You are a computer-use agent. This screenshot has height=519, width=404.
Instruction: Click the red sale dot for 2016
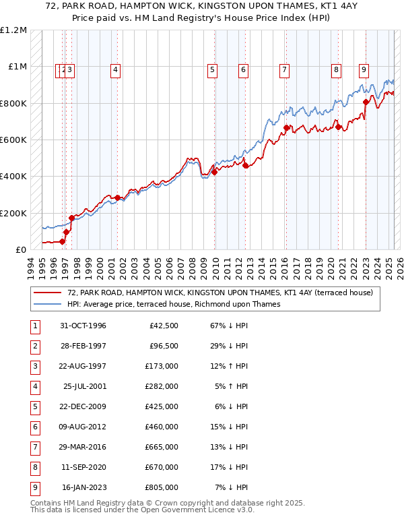click(x=286, y=128)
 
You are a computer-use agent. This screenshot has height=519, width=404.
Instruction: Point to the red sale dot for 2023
click(x=366, y=102)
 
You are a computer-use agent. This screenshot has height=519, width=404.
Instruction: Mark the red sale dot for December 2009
click(x=214, y=172)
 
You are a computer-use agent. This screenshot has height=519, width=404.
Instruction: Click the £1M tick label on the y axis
click(x=18, y=67)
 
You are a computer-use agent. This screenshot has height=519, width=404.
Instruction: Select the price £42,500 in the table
click(x=164, y=326)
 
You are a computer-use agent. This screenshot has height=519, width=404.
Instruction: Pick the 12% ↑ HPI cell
click(x=230, y=366)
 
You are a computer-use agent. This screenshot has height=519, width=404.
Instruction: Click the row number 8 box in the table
click(x=34, y=467)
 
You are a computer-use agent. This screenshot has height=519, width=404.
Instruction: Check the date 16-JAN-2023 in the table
click(x=83, y=487)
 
